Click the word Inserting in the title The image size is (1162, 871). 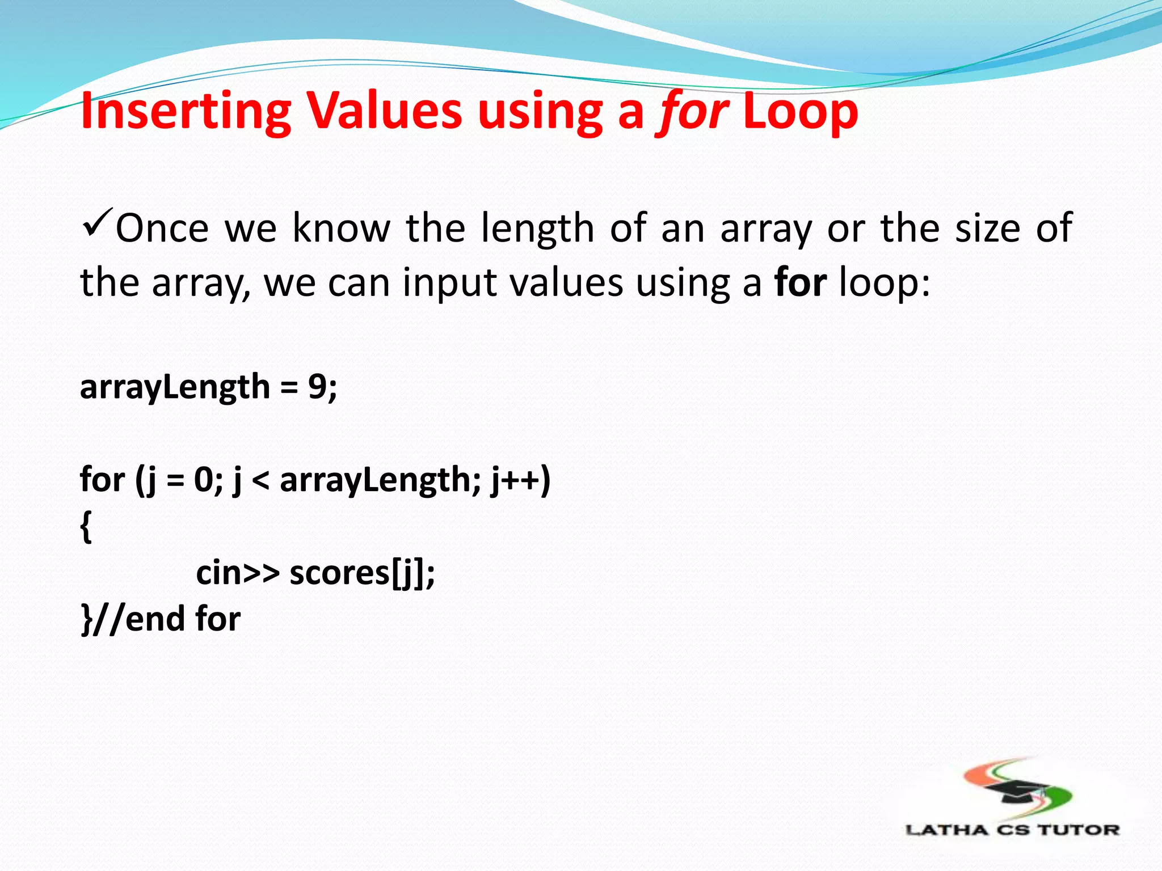186,112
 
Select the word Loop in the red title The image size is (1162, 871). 800,112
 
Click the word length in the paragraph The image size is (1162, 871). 537,229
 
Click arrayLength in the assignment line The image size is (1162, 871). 175,388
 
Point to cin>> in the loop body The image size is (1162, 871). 237,573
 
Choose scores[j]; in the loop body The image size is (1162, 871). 362,573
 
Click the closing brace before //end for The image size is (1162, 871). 86,619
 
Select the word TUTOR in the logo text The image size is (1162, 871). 1078,830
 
